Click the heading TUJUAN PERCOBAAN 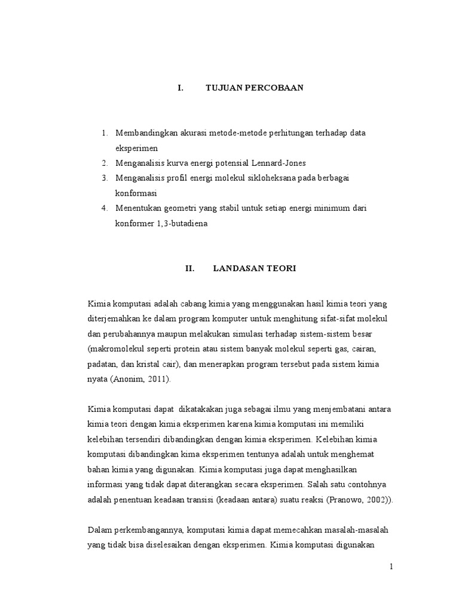point(255,88)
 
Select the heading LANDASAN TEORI point(255,269)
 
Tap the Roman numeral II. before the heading point(190,269)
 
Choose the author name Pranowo point(357,500)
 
